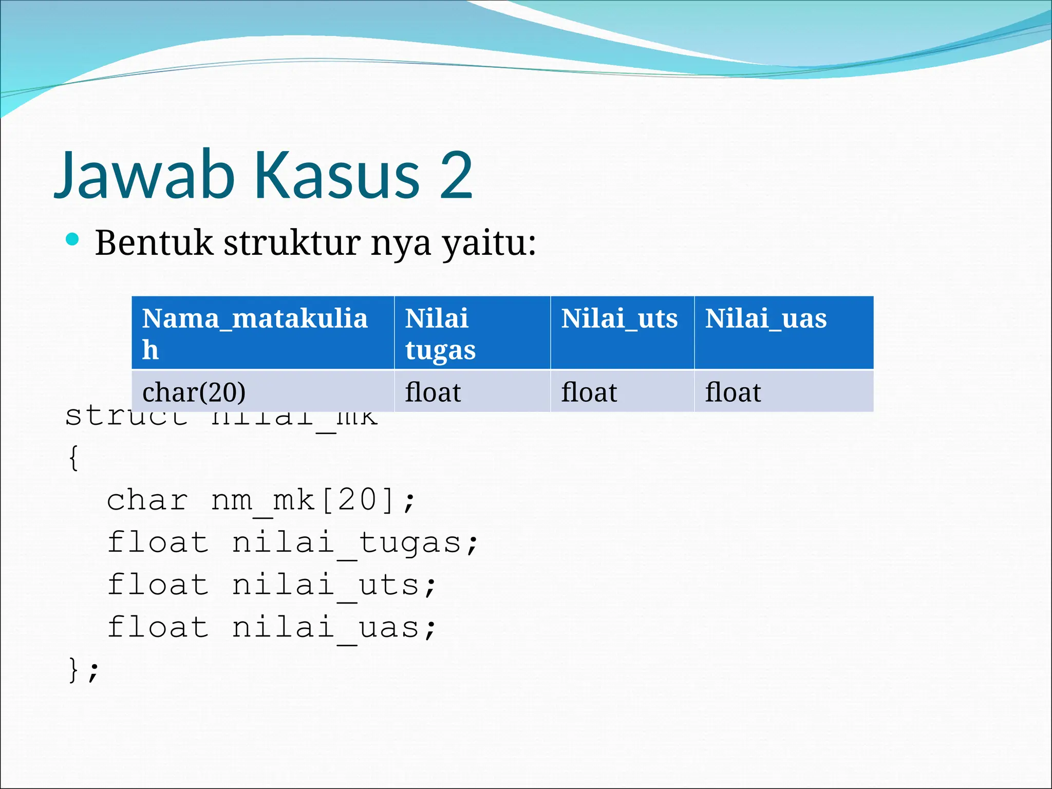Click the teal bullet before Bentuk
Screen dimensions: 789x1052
(72, 239)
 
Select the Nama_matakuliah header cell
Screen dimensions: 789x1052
(262, 333)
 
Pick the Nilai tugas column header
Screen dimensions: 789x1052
(472, 333)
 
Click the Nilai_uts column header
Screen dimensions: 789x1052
(622, 333)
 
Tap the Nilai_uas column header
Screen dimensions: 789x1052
(783, 333)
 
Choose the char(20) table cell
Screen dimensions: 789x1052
(262, 392)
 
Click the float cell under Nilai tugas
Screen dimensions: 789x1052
(472, 392)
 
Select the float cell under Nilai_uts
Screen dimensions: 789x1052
(622, 392)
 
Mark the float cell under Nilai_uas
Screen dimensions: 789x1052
(783, 392)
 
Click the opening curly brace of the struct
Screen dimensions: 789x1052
(74, 458)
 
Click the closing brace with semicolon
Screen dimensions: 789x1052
(83, 670)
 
